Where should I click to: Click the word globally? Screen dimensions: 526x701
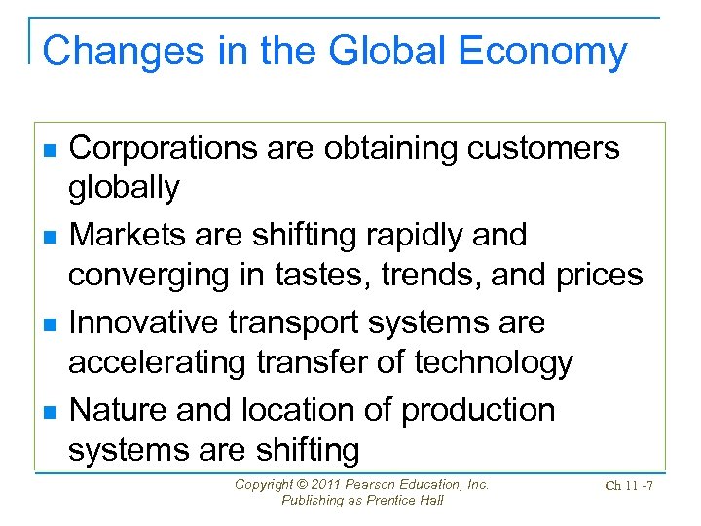point(124,188)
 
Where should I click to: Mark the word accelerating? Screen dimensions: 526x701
point(160,363)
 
